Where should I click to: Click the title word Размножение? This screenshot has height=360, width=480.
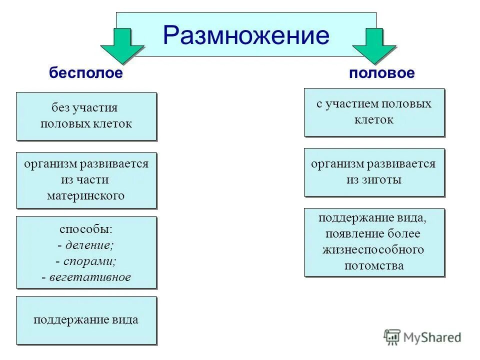pos(246,35)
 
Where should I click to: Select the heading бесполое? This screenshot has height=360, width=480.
pos(85,73)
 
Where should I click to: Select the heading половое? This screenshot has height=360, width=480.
pos(382,73)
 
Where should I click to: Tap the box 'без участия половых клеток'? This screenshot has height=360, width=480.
pos(86,116)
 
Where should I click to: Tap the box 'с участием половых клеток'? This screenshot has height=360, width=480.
pos(373,112)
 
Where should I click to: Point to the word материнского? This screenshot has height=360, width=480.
pos(85,195)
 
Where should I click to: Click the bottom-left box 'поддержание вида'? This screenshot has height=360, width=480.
pos(86,320)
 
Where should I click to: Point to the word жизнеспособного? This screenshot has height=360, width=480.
pos(373,249)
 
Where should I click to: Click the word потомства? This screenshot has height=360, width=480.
pos(373,265)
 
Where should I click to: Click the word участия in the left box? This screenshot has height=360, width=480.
pos(95,108)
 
